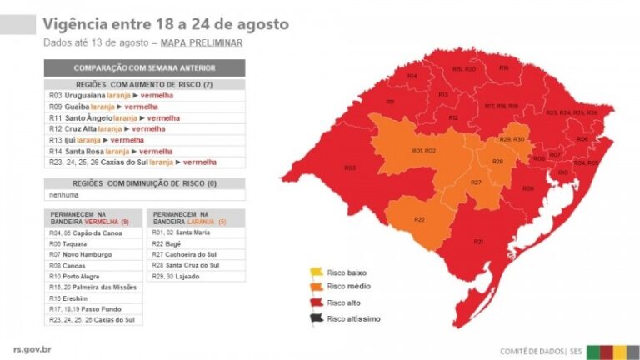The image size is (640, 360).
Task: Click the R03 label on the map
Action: coord(350,167)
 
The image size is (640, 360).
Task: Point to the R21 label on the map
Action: coord(478,241)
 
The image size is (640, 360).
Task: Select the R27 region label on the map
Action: coord(476,182)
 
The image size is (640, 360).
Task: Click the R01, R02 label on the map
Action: coord(423,151)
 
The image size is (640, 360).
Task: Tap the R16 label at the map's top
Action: coord(503,67)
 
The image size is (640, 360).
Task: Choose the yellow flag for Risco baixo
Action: coord(316,272)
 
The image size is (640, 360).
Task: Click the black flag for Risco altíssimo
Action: coord(316,318)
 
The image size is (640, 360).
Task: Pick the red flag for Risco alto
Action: coord(316,302)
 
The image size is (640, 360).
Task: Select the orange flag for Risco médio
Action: coord(316,287)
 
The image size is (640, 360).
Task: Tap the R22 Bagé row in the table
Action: coord(195,243)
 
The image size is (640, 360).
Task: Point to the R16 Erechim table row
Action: coord(93,297)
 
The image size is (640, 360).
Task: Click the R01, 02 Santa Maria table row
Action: coord(195,232)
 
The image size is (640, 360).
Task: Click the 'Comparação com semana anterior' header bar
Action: coord(144,67)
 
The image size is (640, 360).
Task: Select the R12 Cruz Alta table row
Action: coord(144,129)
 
